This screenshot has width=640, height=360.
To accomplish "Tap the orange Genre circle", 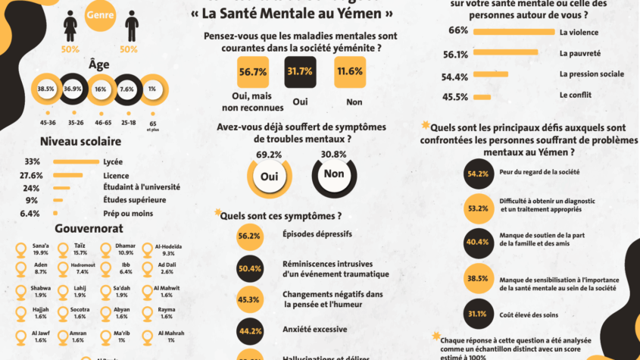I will coord(101,14).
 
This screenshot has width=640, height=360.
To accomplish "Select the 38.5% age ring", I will coord(46,89).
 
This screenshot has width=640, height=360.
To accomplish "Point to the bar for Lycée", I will coord(76,161).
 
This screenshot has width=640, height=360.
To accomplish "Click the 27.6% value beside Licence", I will coord(31,174).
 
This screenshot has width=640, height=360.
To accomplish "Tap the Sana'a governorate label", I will coord(41,246).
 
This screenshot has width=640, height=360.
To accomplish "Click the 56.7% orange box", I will coord(252,72).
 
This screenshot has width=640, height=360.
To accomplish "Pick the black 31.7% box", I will coord(301,72).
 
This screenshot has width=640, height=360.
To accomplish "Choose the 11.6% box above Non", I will coord(349,72).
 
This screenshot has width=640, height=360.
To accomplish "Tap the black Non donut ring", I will coord(333,174).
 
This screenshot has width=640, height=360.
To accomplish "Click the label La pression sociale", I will coord(592,74).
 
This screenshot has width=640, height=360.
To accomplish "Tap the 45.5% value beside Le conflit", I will coord(454,97).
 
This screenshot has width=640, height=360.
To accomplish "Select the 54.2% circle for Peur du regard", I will coord(477,174).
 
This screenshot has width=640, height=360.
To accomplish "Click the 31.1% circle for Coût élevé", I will coord(477,314).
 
